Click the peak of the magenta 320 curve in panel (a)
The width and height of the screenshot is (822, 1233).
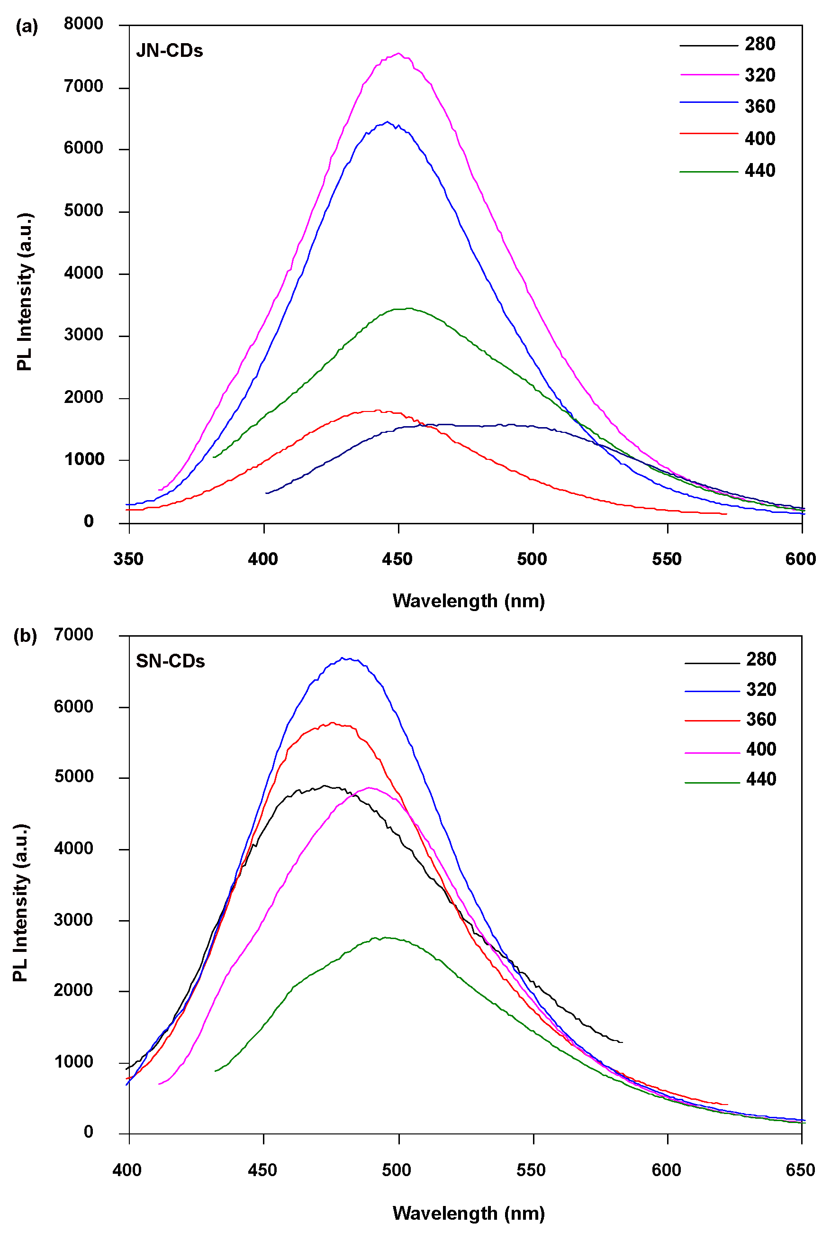pos(398,53)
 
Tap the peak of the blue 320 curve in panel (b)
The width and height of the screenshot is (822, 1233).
pos(343,658)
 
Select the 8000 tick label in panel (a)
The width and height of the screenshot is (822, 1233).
pos(83,24)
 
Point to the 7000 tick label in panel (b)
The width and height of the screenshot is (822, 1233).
pos(73,635)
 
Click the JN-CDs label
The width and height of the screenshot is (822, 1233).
pos(169,51)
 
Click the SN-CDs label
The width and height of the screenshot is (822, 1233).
pos(171,661)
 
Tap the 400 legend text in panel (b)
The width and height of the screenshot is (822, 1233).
pos(761,749)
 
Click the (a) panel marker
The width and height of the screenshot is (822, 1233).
pos(27,26)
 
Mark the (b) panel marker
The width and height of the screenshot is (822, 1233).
pos(25,636)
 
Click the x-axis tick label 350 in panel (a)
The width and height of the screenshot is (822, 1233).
pos(128,559)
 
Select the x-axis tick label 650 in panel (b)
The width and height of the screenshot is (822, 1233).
pos(801,1170)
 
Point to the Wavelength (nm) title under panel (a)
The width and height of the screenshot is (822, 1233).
pos(469,601)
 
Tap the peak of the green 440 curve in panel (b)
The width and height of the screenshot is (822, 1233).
pos(386,937)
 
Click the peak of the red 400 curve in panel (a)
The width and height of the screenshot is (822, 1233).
pos(376,410)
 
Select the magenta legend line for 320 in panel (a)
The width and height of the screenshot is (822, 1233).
pos(709,75)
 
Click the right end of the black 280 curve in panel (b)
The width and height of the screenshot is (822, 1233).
pos(622,1042)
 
